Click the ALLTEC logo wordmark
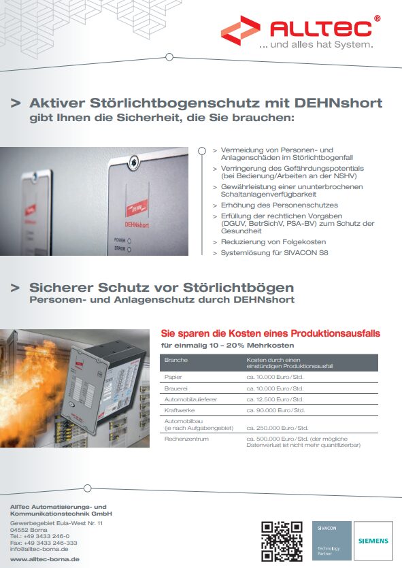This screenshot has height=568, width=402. tap(321, 28)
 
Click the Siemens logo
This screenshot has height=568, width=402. tap(373, 541)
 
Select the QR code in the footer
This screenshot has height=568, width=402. tap(282, 540)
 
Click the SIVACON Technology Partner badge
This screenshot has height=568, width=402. tap(331, 540)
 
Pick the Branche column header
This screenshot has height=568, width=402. tap(175, 359)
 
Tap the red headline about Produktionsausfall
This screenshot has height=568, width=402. tap(269, 334)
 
